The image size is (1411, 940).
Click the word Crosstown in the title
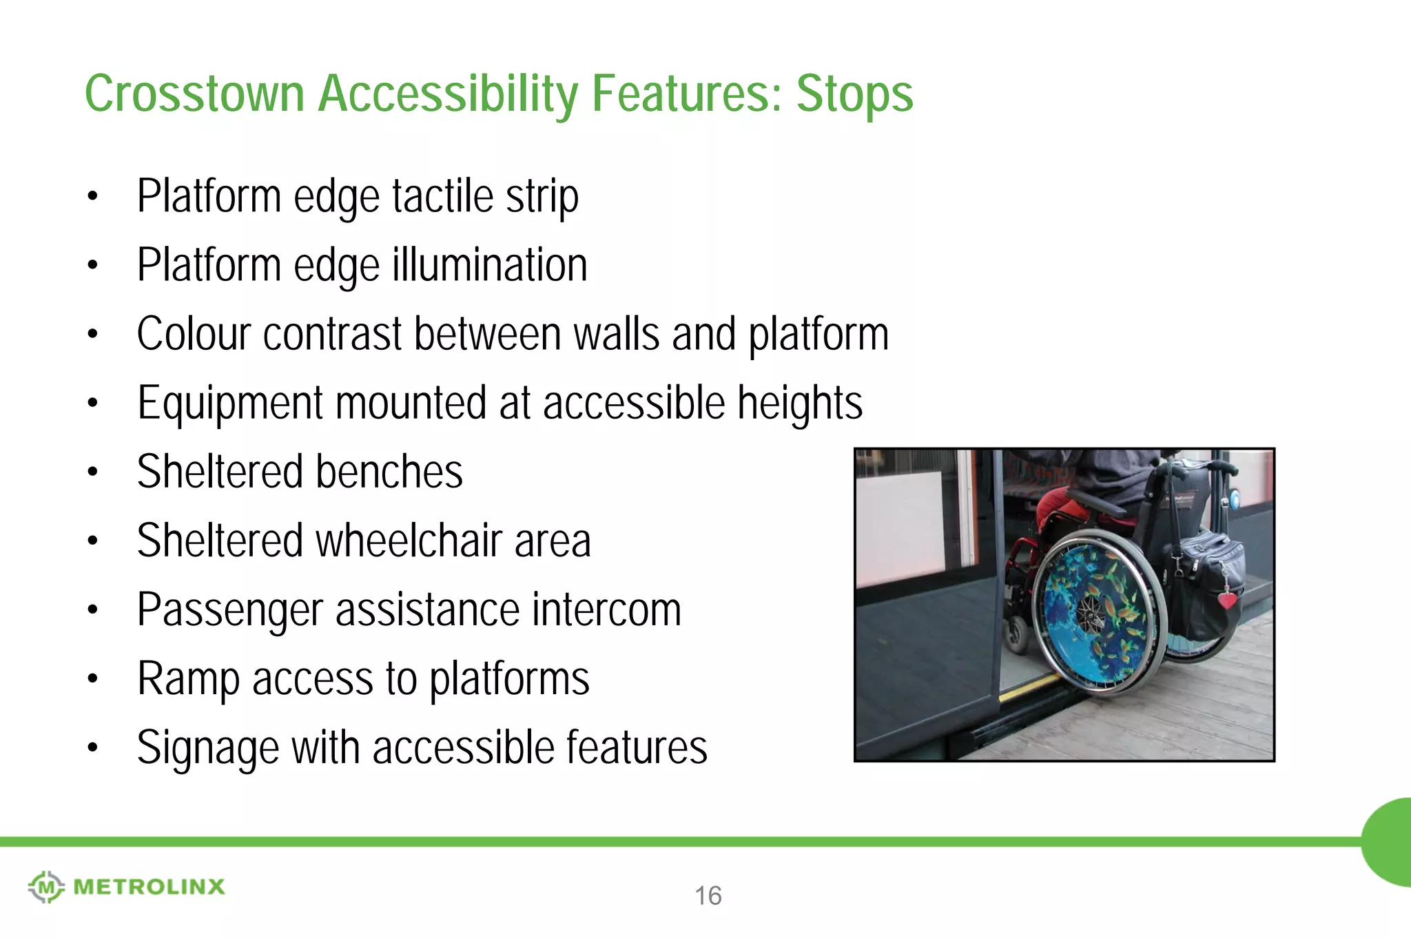(194, 94)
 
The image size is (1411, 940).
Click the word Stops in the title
(854, 94)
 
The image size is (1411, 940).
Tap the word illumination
(490, 265)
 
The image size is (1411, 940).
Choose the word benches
(389, 472)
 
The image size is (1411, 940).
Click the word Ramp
(188, 680)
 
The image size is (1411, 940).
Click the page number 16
(708, 896)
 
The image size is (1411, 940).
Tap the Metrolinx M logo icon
(46, 886)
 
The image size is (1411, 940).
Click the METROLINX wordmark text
(149, 887)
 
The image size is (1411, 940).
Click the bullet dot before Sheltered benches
(93, 472)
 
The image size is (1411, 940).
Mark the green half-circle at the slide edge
(1388, 842)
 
